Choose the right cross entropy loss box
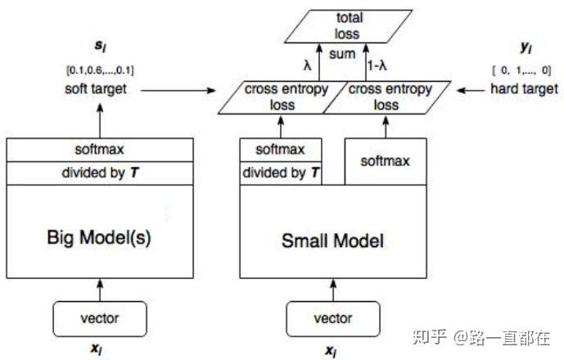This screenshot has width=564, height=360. (x=378, y=96)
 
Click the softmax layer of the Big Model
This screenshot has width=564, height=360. (x=100, y=149)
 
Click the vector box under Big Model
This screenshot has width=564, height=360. (x=100, y=318)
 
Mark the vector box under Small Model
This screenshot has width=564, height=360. (x=332, y=318)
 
